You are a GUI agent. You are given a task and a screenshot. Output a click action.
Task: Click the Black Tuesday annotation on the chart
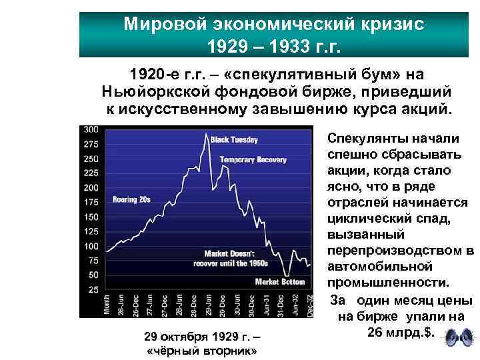234,140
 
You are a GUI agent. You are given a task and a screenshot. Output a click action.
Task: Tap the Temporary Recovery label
253,160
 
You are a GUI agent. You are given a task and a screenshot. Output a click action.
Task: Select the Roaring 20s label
131,199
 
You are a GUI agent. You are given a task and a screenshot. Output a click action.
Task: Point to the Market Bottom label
279,281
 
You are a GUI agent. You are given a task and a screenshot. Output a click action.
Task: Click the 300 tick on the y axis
92,129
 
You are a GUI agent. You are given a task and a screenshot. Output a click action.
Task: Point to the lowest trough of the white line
285,274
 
